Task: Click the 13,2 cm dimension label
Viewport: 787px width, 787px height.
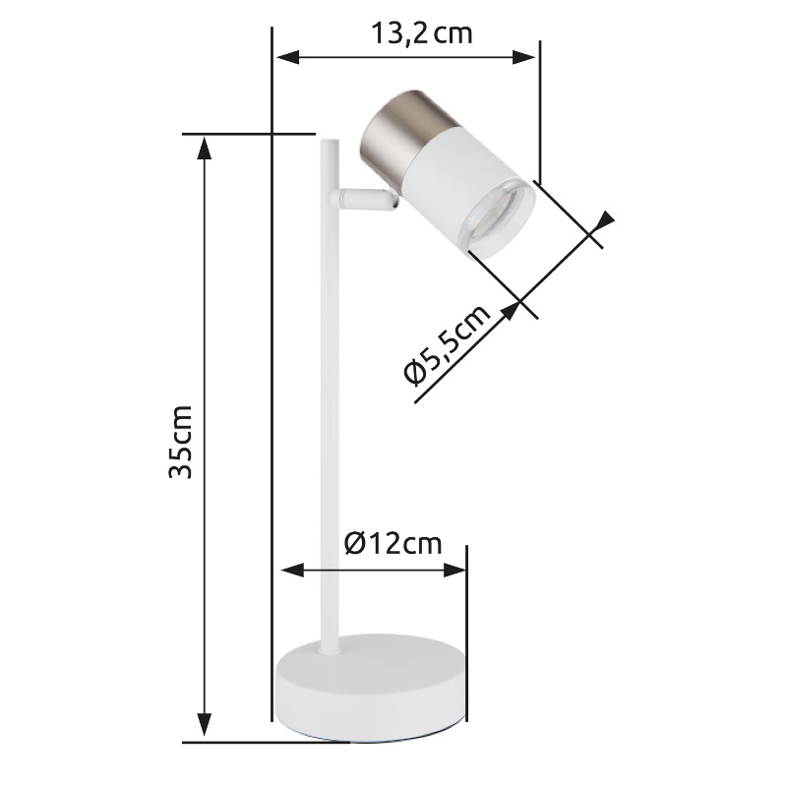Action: point(422,34)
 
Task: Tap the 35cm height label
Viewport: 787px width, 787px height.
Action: point(180,442)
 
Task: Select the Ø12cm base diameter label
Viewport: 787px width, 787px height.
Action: point(393,543)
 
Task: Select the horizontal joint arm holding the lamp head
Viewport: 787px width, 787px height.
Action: point(363,199)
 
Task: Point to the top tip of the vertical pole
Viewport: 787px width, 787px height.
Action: point(330,140)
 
